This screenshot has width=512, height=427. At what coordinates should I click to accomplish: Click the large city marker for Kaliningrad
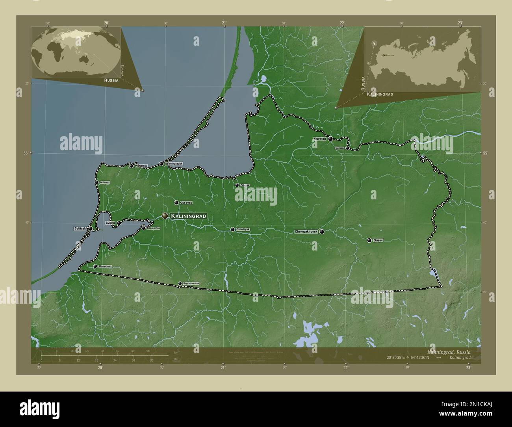[165, 216]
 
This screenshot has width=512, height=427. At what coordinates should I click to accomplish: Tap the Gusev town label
[378, 240]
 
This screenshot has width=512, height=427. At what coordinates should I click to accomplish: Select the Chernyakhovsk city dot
[322, 232]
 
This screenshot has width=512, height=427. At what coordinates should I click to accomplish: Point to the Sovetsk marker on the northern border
[330, 139]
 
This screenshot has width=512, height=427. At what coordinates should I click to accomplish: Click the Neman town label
[339, 148]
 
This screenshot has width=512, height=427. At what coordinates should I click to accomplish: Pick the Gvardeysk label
[242, 229]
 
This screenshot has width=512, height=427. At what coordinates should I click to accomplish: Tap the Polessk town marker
[237, 185]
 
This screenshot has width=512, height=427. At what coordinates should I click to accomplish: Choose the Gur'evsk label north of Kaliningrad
[186, 202]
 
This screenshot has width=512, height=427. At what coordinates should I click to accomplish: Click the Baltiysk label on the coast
[80, 228]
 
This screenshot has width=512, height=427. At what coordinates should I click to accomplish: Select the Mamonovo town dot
[95, 266]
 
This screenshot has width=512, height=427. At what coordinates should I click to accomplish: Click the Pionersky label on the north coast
[141, 166]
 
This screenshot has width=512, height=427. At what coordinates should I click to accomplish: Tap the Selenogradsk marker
[161, 164]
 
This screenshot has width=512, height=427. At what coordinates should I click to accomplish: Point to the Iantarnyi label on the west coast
[104, 182]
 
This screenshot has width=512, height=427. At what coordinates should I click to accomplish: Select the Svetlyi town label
[110, 223]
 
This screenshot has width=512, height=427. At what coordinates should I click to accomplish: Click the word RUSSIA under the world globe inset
[111, 80]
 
